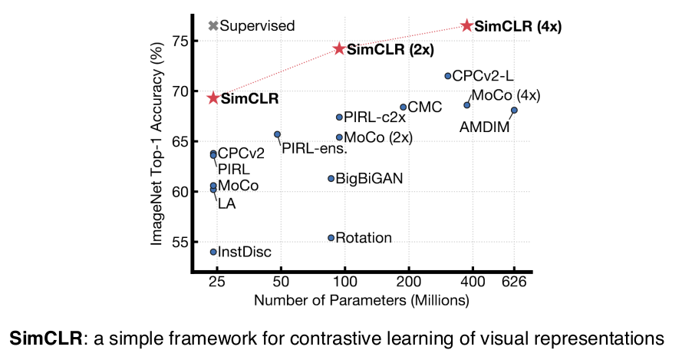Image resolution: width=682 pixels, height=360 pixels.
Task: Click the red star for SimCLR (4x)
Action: pyautogui.click(x=466, y=25)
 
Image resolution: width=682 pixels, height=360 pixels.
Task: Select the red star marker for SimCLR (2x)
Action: pyautogui.click(x=339, y=49)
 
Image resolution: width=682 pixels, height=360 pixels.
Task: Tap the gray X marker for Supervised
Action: pyautogui.click(x=213, y=25)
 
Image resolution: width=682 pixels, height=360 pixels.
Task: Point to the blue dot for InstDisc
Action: pyautogui.click(x=213, y=252)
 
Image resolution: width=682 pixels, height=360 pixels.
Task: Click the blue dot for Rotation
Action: pyautogui.click(x=331, y=238)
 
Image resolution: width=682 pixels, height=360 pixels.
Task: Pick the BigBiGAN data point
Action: pyautogui.click(x=331, y=178)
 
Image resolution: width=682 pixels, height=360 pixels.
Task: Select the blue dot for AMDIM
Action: pyautogui.click(x=514, y=110)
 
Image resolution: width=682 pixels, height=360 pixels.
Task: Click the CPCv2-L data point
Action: pyautogui.click(x=448, y=76)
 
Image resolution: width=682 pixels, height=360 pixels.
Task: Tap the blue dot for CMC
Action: pyautogui.click(x=403, y=107)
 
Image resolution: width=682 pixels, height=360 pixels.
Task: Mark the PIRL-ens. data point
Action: pyautogui.click(x=277, y=134)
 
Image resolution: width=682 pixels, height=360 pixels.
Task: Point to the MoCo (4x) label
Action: pyautogui.click(x=506, y=95)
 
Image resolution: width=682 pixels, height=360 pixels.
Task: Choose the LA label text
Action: pyautogui.click(x=226, y=203)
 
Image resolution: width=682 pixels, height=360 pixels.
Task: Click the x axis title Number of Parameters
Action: pyautogui.click(x=361, y=299)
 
